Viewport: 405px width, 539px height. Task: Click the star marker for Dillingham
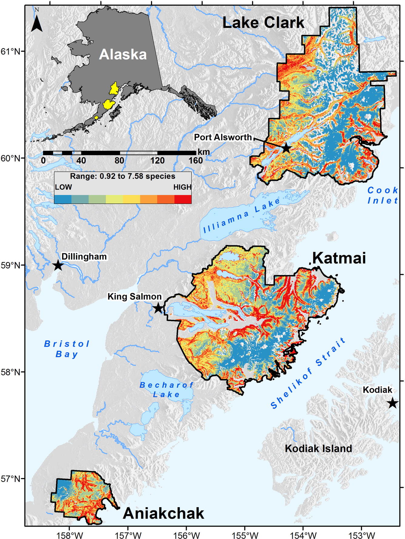58,265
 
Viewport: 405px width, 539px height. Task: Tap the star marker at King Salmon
158,308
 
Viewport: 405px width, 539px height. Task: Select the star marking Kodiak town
393,403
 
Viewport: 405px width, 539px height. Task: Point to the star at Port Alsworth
286,148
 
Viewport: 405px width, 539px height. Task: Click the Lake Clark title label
263,23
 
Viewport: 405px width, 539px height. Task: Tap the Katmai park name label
339,258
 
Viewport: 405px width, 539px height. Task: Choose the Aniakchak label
163,514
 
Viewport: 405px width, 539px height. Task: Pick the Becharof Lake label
166,390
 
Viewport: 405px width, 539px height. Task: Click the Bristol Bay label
67,349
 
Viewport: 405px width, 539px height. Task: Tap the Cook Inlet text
383,195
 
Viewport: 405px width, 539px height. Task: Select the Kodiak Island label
318,449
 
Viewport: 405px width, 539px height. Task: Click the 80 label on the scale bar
119,160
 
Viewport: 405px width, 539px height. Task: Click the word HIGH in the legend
182,187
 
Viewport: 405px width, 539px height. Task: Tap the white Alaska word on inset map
123,55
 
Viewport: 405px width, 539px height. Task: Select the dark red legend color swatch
183,199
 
